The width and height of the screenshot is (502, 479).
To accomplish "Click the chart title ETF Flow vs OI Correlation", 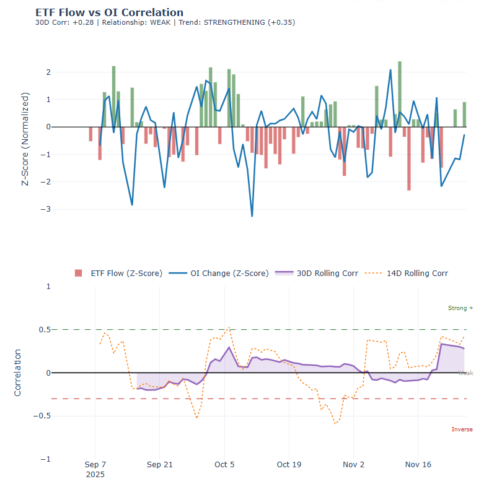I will [109, 12].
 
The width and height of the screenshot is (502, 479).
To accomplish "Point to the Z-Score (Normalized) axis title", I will [25, 140].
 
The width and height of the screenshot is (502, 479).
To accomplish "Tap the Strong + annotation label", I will [460, 308].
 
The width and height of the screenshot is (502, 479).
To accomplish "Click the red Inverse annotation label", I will [462, 429].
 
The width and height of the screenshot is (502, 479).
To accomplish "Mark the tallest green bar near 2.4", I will [400, 93].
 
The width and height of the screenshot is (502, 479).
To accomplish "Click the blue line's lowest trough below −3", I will [252, 215].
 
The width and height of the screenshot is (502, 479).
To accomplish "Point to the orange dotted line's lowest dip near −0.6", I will [335, 423].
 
